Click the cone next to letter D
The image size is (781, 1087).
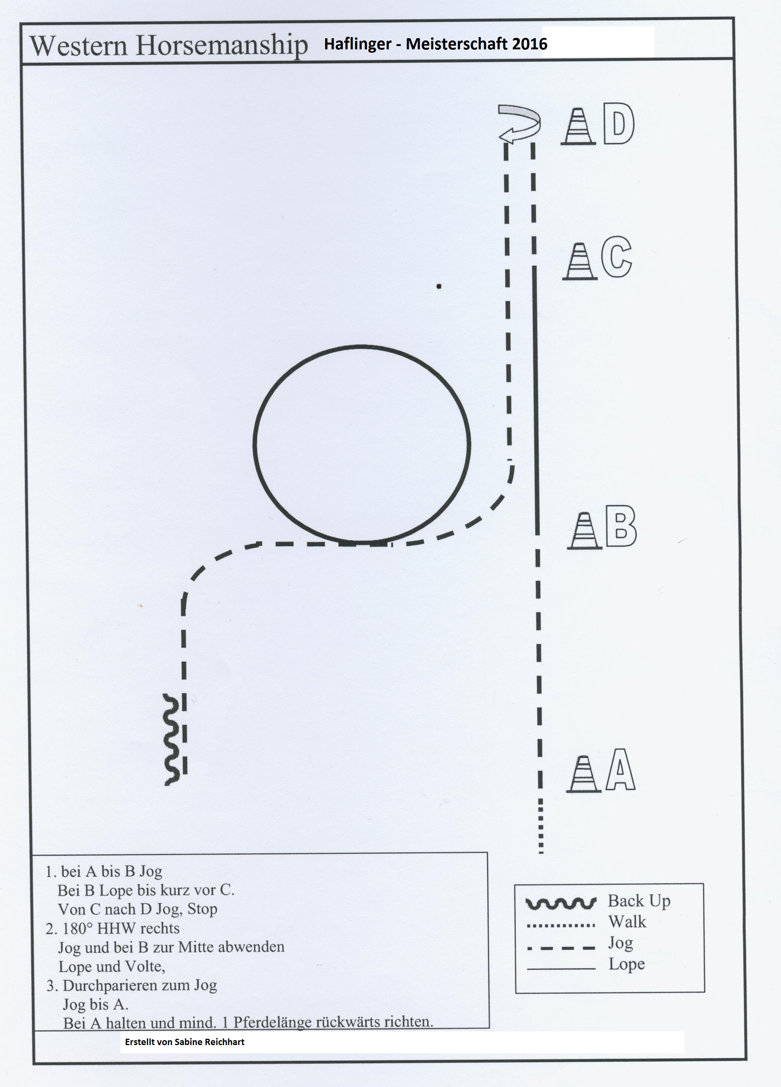point(578,125)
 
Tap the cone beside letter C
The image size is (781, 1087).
point(580,261)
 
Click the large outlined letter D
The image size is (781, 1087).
point(618,123)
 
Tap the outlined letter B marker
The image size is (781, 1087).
point(621,526)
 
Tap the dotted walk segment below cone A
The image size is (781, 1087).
point(541,826)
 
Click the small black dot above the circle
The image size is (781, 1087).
point(439,287)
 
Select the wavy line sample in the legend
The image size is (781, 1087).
point(561,903)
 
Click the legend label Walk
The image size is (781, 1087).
point(627,921)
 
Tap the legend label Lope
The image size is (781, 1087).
point(627,964)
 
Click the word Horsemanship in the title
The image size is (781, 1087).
point(221,46)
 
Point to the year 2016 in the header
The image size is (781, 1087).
point(529,44)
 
